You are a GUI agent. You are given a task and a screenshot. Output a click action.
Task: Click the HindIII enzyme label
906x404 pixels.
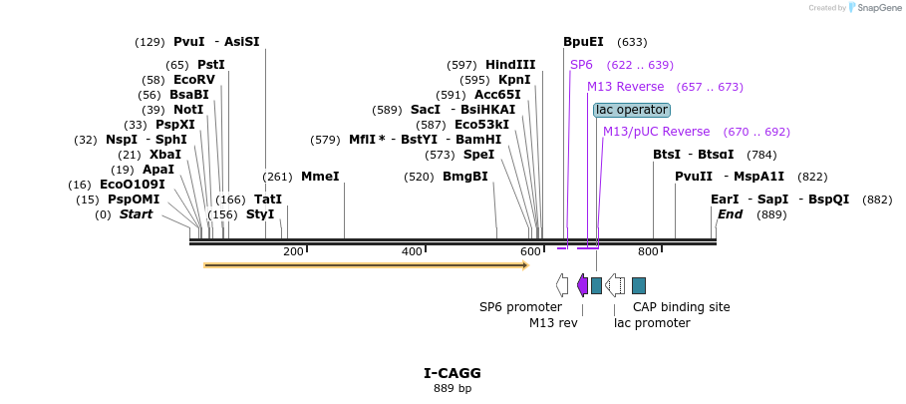(510, 65)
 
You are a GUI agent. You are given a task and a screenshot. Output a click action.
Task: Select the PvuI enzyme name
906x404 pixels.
(188, 42)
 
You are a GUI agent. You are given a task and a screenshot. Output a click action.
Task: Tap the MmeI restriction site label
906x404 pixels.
(320, 177)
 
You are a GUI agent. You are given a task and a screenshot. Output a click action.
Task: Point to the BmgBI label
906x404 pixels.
(465, 177)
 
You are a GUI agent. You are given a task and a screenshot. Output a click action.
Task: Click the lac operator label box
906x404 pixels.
(632, 110)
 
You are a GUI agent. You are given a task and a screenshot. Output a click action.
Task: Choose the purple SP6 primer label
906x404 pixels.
(581, 65)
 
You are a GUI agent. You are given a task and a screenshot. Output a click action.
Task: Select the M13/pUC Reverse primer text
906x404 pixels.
(656, 132)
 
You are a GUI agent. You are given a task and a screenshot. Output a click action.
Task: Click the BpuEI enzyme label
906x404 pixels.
(583, 42)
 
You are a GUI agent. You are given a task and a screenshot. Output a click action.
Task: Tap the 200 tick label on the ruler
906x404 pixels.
(293, 251)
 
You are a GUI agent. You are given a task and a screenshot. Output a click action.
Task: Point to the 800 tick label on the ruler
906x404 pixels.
(648, 251)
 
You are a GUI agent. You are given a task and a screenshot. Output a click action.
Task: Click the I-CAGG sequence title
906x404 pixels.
(453, 373)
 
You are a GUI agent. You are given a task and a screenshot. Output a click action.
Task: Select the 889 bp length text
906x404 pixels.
(453, 388)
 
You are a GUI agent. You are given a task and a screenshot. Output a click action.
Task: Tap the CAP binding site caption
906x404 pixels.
(681, 307)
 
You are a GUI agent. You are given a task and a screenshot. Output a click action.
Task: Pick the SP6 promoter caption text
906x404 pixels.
(520, 307)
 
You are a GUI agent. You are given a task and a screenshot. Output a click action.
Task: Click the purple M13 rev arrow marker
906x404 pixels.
(582, 285)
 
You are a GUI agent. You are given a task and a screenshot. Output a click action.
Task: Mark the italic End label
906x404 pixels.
(730, 214)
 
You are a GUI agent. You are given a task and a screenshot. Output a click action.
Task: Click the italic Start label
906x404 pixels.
(136, 214)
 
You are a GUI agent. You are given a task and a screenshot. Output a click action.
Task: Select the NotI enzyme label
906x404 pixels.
(187, 110)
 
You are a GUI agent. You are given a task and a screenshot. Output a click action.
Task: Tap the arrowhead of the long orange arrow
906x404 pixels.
(525, 265)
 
